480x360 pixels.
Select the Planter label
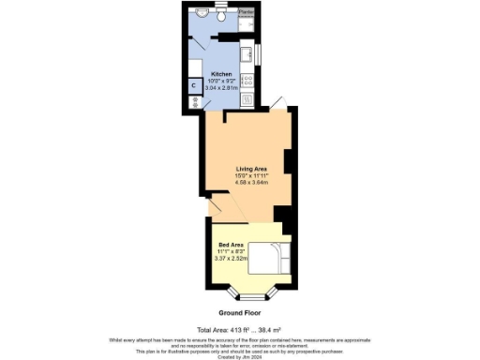246,11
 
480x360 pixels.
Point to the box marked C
194,86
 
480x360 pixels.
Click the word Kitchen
221,73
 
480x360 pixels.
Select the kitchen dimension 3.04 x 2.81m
221,86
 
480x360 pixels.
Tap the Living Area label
250,168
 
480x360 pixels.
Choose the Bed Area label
231,245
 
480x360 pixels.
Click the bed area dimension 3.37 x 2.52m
231,258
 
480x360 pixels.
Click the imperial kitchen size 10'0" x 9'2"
221,80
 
